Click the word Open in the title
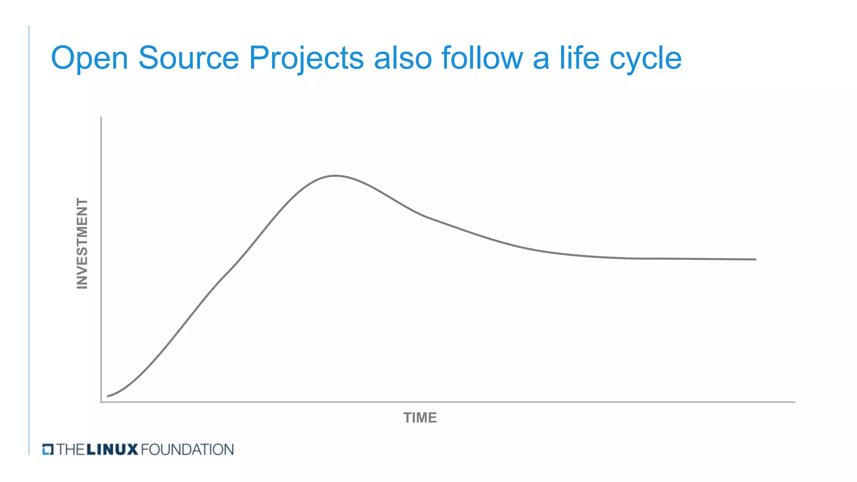coord(89,59)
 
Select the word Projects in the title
coord(306,59)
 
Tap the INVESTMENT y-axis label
coord(82,244)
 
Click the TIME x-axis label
coord(420,418)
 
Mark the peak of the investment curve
coord(336,176)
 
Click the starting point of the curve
coord(108,396)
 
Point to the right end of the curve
coord(755,259)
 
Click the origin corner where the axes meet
coord(101,402)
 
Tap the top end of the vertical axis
coord(101,118)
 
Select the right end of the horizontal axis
coord(794,402)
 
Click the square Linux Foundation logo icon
coord(48,449)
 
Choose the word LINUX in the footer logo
coord(112,449)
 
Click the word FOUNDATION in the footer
coord(187,449)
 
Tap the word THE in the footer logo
coord(71,449)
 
